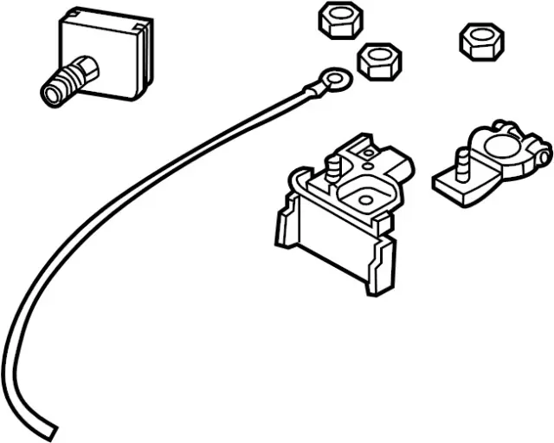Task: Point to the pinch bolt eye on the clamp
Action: (x=540, y=155)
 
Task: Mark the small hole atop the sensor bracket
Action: (x=368, y=155)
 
